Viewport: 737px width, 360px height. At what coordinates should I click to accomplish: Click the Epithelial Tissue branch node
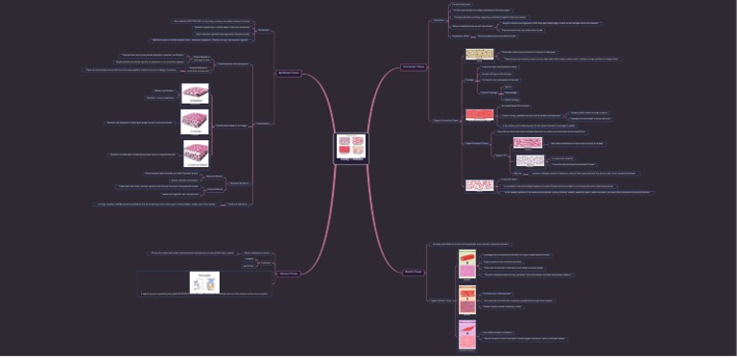[289, 73]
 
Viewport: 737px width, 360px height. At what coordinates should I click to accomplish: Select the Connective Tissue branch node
[414, 66]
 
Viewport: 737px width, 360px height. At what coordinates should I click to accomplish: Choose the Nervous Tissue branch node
[289, 274]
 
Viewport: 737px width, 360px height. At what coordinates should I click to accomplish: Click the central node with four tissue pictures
[350, 147]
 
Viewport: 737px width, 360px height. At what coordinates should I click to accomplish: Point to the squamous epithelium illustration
[195, 93]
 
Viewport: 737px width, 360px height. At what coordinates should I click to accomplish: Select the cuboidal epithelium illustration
[195, 123]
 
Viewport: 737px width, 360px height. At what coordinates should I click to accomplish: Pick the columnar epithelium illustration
[196, 153]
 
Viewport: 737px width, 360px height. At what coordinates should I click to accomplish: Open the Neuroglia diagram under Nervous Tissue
[204, 282]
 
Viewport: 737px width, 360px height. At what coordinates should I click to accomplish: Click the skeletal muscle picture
[467, 262]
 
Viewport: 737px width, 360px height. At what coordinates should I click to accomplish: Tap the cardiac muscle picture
[467, 298]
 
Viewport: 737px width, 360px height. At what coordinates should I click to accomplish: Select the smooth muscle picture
[467, 332]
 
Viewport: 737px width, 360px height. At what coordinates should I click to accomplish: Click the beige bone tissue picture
[479, 55]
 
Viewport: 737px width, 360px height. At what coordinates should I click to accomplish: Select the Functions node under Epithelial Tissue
[264, 31]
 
